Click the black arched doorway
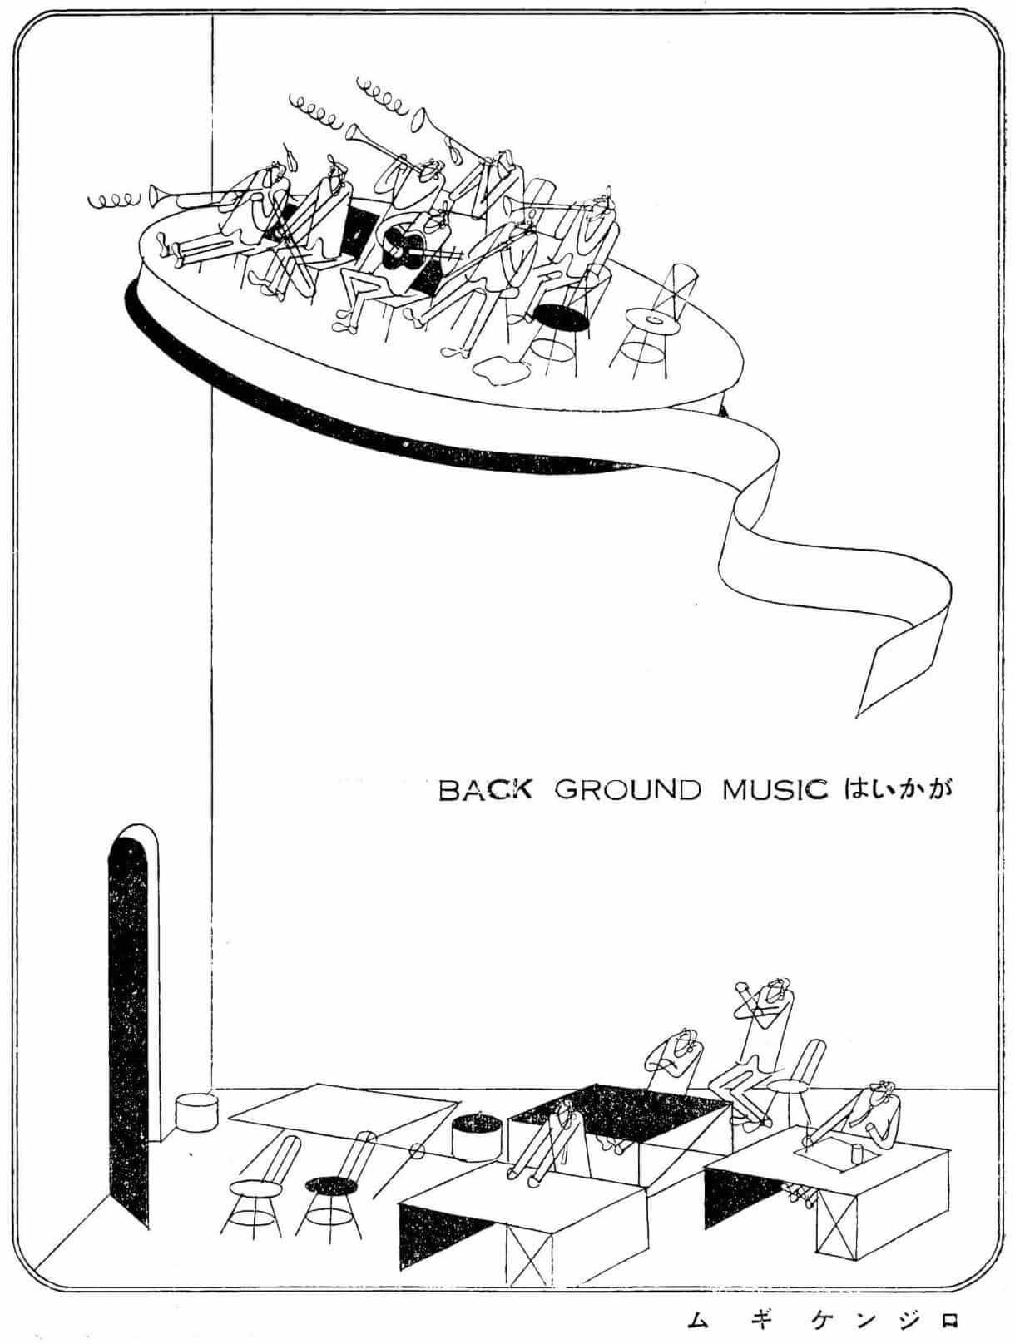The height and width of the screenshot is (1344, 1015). pos(128,1023)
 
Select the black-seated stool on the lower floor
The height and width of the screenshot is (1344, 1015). pos(330,1184)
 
